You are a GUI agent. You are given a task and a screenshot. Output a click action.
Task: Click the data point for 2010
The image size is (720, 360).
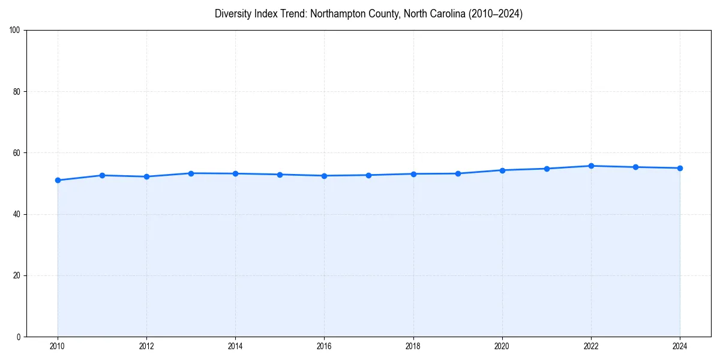point(58,180)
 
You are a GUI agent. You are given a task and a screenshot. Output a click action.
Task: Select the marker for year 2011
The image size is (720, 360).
point(102,175)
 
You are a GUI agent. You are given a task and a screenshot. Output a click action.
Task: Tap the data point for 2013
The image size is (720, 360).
point(191,173)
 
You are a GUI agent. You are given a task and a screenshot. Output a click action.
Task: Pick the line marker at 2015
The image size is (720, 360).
point(280,175)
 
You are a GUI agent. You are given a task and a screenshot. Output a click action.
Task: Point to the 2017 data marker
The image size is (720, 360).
point(368,175)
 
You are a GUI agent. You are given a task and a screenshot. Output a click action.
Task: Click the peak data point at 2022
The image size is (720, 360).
point(591,166)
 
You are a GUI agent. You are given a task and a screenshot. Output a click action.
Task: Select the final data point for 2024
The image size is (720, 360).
point(680,168)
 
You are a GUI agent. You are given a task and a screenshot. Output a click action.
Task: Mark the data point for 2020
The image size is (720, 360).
point(502,170)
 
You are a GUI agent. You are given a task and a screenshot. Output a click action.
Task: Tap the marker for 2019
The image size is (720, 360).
point(458,173)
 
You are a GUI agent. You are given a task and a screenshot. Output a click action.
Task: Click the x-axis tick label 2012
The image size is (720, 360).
point(146,346)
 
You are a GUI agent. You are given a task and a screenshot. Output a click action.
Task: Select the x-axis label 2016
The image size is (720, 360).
point(324,346)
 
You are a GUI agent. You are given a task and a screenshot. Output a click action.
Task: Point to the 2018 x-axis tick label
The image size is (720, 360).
point(413,346)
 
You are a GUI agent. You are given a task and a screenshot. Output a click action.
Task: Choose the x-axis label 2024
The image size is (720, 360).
point(680,346)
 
